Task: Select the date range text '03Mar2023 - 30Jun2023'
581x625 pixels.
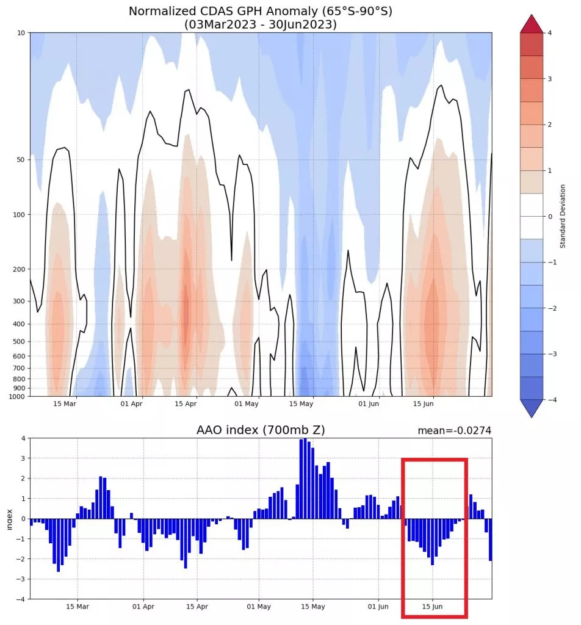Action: (261, 24)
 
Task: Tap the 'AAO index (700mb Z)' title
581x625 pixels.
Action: (261, 430)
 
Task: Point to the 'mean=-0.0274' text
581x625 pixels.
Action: (454, 431)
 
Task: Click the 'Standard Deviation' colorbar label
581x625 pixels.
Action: (562, 216)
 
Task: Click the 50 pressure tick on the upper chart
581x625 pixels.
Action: (20, 160)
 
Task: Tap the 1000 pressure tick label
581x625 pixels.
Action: (16, 397)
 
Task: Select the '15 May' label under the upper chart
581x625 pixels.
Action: (301, 404)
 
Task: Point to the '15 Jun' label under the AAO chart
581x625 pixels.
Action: (432, 607)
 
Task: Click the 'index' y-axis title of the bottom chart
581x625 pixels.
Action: (9, 518)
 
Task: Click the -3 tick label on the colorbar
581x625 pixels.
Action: (551, 354)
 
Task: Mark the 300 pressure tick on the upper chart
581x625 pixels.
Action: (18, 301)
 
